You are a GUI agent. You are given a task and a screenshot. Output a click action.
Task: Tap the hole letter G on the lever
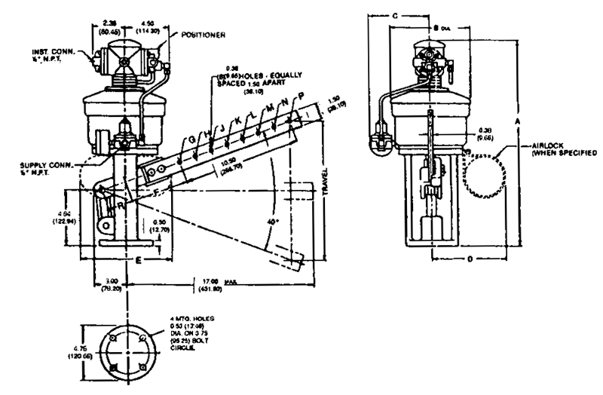pos(191,139)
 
